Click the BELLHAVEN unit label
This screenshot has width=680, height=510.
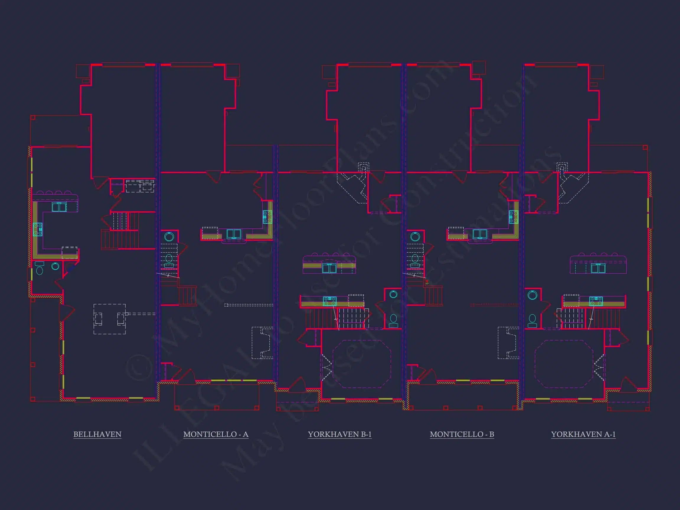[97, 434]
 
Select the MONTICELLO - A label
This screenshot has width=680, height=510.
[215, 434]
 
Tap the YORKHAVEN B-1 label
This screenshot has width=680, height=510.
[340, 434]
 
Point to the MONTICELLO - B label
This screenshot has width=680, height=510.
[462, 434]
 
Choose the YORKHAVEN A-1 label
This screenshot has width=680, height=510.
[583, 434]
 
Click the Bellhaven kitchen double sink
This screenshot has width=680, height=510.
[59, 207]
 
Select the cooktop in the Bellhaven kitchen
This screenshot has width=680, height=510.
[37, 229]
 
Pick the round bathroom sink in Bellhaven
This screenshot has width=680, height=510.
[55, 266]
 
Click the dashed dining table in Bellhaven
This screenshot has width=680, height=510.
[109, 319]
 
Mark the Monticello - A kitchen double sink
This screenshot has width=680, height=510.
[234, 234]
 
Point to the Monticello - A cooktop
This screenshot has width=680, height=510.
[267, 217]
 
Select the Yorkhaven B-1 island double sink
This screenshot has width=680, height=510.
[329, 268]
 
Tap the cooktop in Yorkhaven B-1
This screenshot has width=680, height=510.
[330, 301]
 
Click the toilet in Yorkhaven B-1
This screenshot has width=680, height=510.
[393, 320]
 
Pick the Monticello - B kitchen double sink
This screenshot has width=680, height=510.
[480, 234]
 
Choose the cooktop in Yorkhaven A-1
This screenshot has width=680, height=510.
[596, 301]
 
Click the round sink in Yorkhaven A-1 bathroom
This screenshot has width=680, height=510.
[532, 295]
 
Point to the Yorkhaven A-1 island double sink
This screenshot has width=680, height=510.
[598, 268]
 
